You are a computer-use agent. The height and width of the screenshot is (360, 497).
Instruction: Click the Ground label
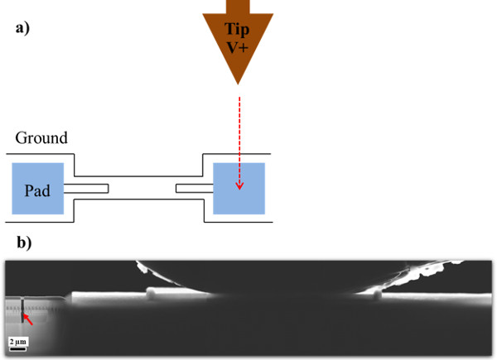pos(41,139)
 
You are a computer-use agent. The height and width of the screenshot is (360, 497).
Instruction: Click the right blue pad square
pos(239,189)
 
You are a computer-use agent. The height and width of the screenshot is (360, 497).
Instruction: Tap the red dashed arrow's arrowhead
pos(239,185)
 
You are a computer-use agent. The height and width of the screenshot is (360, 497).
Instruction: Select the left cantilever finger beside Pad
pos(87,189)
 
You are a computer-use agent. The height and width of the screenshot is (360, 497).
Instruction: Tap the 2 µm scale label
pos(17,340)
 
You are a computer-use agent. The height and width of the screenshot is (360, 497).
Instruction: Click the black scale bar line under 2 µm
pos(17,348)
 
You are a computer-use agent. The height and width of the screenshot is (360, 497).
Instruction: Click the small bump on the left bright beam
pos(151,291)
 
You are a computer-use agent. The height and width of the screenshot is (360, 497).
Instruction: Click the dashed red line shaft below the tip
pos(239,132)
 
